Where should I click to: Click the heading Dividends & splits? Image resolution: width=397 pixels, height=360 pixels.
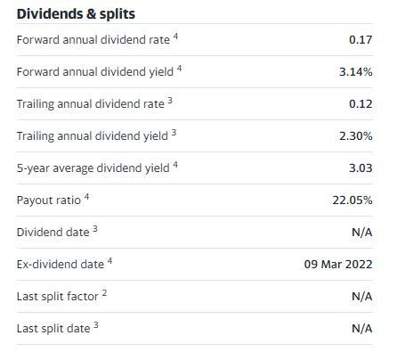click(76, 14)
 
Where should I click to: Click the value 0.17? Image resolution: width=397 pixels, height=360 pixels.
click(361, 40)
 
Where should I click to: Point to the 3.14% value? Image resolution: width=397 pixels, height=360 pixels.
click(355, 72)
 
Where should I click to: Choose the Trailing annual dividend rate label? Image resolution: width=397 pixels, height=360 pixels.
click(90, 104)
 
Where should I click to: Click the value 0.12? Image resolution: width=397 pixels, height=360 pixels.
click(361, 104)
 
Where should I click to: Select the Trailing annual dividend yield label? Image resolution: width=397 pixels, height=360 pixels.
click(92, 135)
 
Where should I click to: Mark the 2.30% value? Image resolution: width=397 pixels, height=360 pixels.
click(355, 136)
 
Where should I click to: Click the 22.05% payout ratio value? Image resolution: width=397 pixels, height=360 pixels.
click(352, 200)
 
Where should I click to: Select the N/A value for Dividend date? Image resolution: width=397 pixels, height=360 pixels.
click(361, 233)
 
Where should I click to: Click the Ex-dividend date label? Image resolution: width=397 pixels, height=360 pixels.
click(60, 264)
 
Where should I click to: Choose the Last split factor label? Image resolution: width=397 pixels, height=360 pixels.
click(57, 296)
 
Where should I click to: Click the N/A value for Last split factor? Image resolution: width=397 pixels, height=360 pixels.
click(361, 297)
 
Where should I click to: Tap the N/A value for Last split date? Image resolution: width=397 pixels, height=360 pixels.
click(361, 329)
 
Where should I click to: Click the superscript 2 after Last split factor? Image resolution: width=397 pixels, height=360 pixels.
click(105, 293)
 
